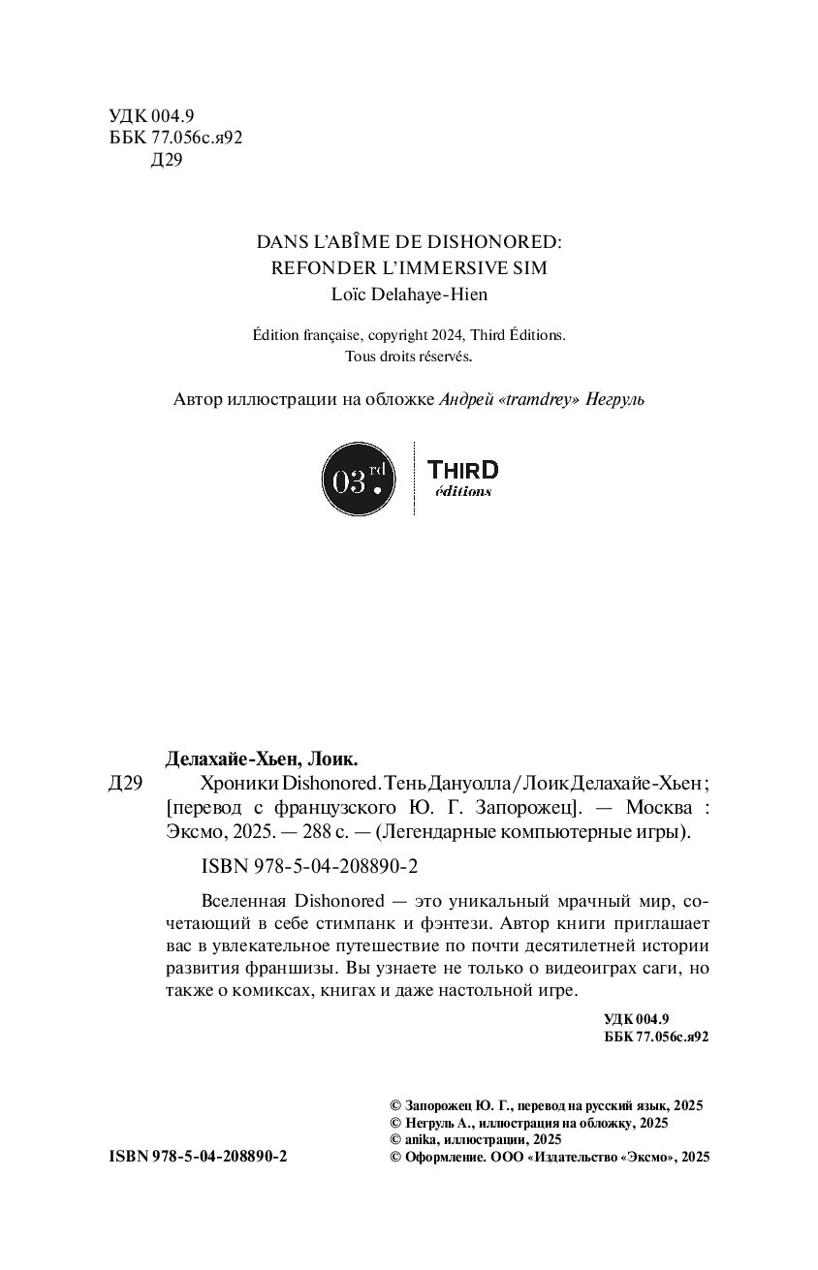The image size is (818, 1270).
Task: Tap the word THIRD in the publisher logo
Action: coord(462,470)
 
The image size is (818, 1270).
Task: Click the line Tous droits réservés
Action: coord(408,356)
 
